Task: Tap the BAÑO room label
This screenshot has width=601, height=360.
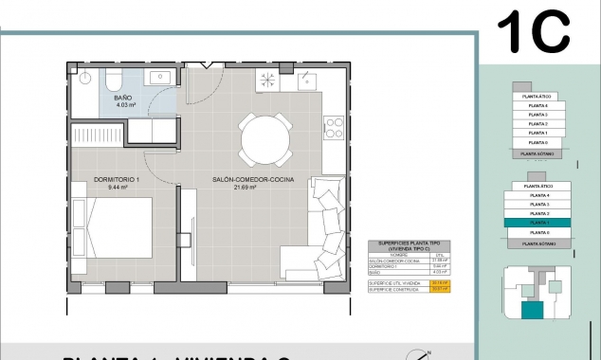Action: [123, 98]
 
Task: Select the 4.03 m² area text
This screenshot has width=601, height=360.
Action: [123, 106]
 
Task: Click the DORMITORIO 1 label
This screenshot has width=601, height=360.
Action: [117, 179]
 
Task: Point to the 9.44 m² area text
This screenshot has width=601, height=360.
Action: [118, 188]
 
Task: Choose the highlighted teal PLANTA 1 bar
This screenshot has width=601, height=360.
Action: [540, 224]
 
